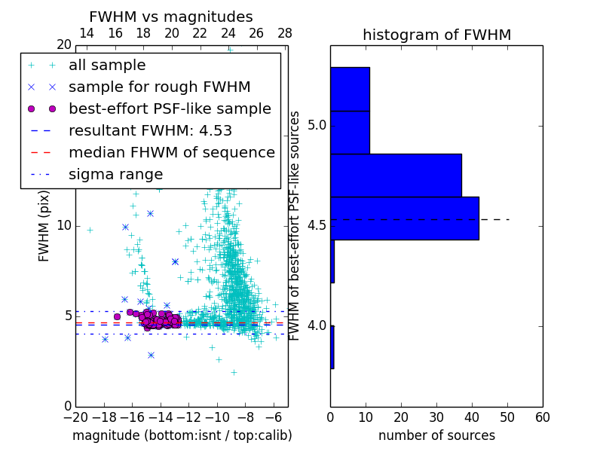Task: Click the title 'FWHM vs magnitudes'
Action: coord(171,17)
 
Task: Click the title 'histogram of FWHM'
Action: coord(436,35)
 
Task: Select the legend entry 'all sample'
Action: coord(107,66)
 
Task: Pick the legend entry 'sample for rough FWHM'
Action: coord(159,87)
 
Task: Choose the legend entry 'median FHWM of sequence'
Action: coord(171,153)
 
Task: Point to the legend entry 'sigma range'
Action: coord(115,175)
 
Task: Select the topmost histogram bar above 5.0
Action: coord(350,89)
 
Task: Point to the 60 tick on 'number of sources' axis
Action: coord(542,417)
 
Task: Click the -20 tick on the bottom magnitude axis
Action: coord(75,417)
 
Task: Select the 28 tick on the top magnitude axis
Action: coord(285,34)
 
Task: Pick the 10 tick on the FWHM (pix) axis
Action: coord(63,226)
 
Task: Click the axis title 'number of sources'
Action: coord(436,435)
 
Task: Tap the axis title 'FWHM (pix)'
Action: coord(44,226)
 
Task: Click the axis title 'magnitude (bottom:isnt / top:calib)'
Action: coord(182,435)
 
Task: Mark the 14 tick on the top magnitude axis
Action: coord(87,34)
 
